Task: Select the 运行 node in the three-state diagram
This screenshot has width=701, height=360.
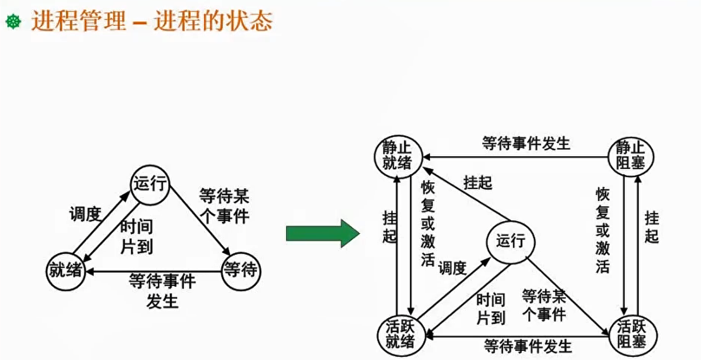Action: click(150, 185)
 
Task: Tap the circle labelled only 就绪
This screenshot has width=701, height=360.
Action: click(66, 272)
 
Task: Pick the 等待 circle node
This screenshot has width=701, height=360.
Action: click(240, 271)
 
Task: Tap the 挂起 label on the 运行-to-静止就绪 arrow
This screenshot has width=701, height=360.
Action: click(477, 183)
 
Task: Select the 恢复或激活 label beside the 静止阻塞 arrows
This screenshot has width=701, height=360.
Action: click(603, 230)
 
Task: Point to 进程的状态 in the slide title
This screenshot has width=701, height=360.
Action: click(213, 21)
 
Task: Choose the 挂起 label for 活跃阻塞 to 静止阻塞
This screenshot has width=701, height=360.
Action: click(652, 227)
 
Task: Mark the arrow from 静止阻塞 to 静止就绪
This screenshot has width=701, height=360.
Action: click(515, 156)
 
